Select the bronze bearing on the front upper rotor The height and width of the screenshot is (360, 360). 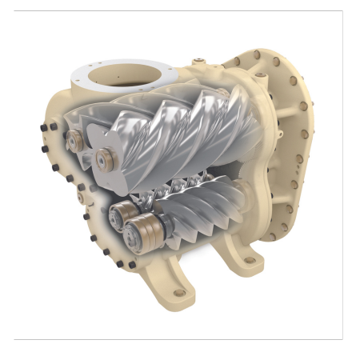tap(103, 159)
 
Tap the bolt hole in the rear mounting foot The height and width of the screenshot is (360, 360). tap(250, 260)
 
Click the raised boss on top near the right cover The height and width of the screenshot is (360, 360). tap(240, 64)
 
